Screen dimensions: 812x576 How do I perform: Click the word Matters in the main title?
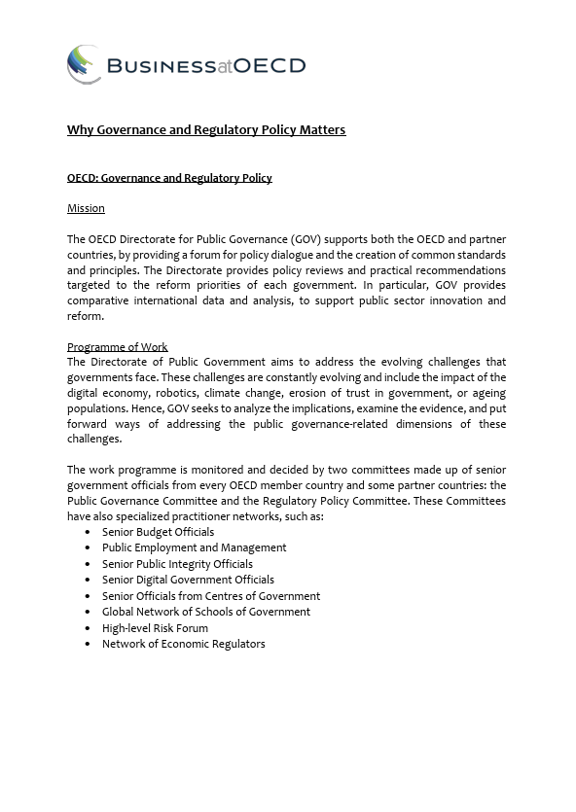323,129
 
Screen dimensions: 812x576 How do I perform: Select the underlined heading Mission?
86,208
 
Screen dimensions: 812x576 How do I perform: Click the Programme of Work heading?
117,347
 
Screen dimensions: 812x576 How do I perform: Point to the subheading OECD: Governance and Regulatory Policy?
169,178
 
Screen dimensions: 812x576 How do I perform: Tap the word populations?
98,408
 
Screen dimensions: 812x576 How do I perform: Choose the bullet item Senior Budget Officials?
158,532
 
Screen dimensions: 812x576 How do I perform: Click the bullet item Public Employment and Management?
194,547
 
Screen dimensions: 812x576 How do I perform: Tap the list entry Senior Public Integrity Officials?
177,564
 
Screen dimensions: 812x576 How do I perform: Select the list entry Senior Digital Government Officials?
188,580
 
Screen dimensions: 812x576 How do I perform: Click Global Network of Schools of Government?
205,612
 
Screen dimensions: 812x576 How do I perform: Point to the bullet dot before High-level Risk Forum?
89,628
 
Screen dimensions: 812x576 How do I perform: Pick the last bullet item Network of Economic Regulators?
183,644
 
